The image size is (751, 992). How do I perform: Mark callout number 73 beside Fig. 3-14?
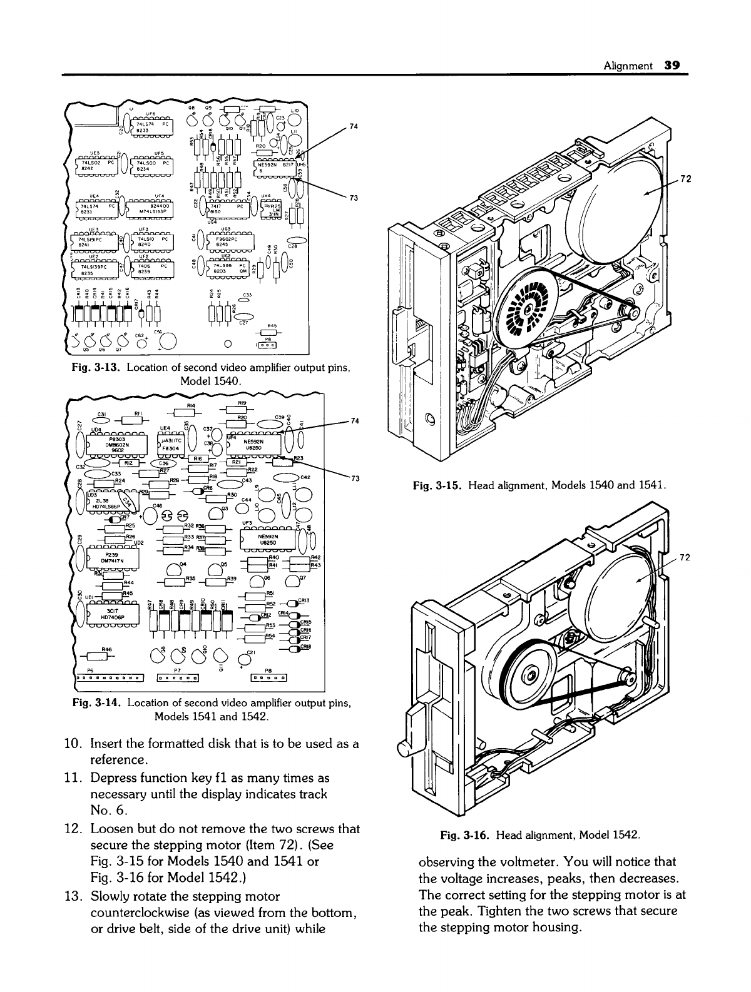[x=354, y=478]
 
